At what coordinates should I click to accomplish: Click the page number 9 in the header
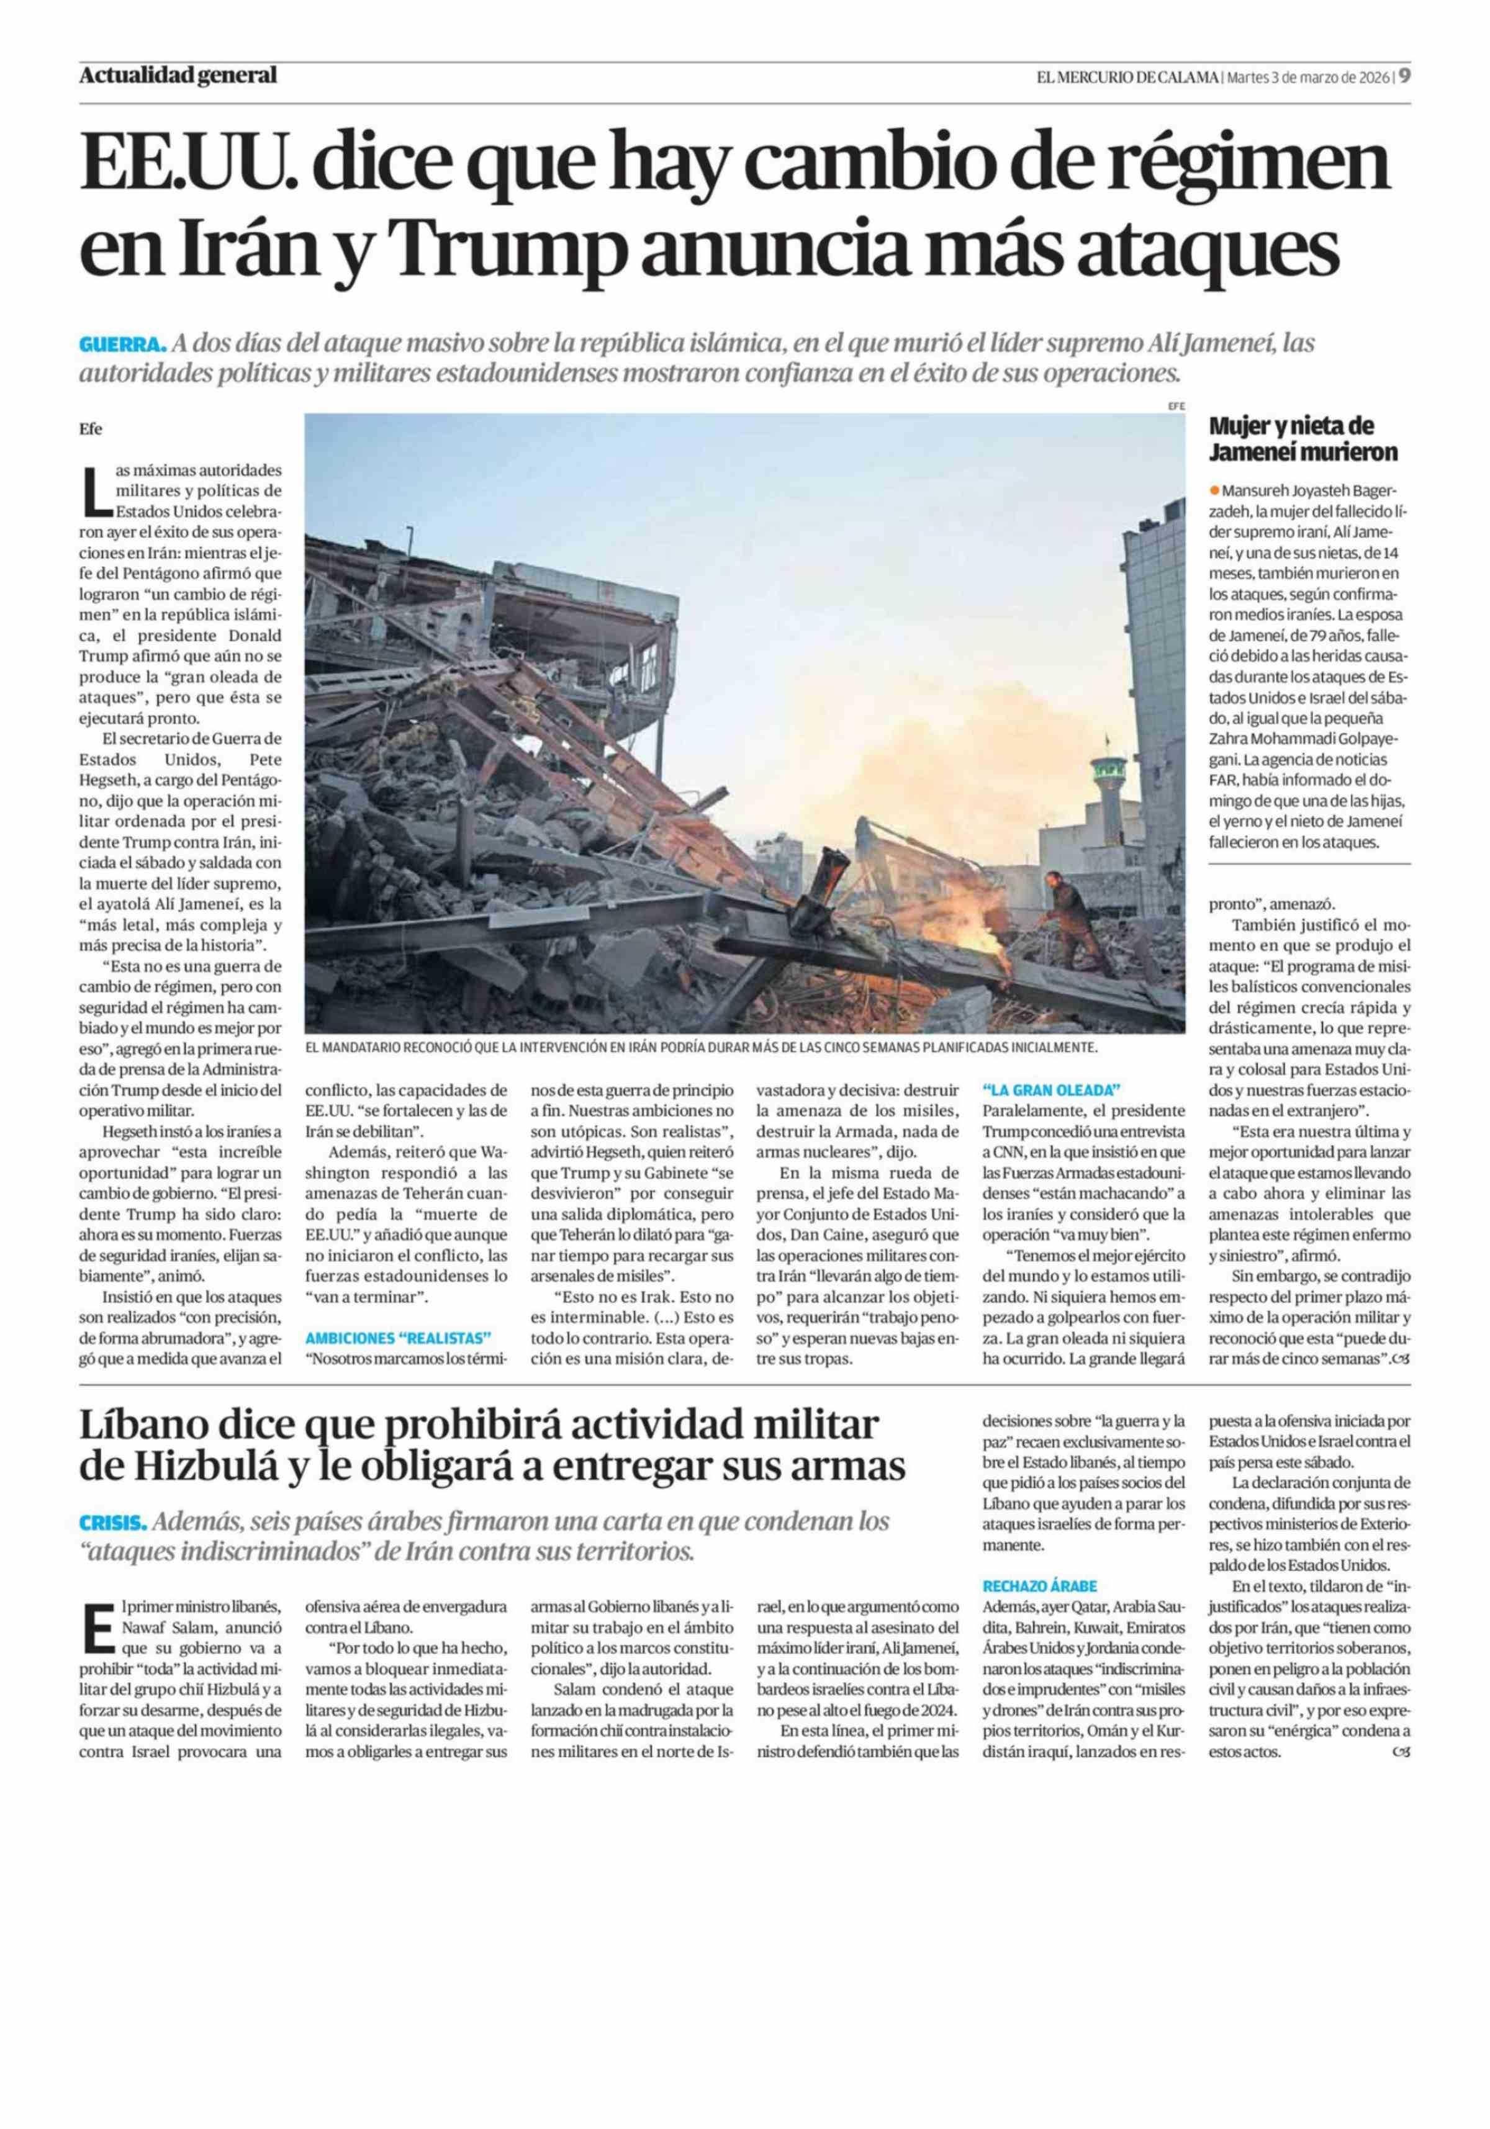[1405, 77]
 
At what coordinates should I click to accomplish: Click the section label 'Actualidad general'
[178, 76]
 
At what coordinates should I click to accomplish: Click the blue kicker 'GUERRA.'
[122, 344]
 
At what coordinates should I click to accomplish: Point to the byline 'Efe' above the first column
[90, 430]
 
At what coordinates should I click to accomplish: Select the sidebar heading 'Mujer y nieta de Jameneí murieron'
[1303, 439]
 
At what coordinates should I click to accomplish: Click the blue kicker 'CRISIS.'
[113, 1521]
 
